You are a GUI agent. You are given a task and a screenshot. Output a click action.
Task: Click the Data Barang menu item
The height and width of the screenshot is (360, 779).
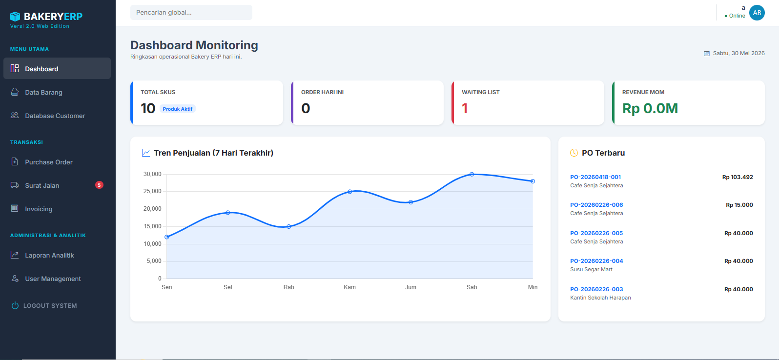(x=43, y=92)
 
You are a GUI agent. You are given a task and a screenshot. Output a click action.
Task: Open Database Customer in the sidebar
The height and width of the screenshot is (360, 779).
(x=55, y=116)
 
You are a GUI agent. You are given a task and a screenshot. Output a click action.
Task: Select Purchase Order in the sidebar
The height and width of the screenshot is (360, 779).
(x=49, y=162)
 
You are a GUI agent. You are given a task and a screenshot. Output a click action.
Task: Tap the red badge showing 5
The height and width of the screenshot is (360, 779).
(x=99, y=185)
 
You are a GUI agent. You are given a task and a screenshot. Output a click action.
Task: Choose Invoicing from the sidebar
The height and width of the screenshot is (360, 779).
(x=39, y=209)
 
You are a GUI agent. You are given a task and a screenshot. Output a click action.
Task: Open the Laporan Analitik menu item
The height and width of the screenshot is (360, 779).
(x=49, y=256)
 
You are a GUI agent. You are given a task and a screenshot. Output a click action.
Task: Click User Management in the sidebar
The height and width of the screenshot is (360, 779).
(x=53, y=279)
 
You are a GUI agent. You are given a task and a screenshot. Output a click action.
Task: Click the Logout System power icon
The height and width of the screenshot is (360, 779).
(x=15, y=305)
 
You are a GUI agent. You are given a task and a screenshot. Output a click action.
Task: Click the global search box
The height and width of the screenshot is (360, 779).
(x=191, y=13)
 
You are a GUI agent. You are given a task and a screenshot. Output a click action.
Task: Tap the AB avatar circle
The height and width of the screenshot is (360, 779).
(x=757, y=13)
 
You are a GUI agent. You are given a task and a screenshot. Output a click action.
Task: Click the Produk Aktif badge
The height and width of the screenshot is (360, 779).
(x=177, y=109)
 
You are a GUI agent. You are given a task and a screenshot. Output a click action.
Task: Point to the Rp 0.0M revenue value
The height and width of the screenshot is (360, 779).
(x=650, y=108)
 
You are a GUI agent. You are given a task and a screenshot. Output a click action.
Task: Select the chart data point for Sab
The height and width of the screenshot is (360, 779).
(x=471, y=174)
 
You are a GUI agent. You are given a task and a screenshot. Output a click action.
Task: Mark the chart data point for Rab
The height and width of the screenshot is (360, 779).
(x=288, y=226)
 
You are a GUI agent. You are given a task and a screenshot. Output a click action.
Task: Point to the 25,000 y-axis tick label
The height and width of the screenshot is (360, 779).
(x=152, y=191)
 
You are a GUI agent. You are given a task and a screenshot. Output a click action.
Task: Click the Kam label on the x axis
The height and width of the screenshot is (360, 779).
(x=349, y=287)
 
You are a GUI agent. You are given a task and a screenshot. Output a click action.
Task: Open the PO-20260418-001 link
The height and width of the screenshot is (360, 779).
(x=595, y=177)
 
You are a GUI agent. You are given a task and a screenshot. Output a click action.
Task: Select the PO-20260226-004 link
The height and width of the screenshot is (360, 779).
(x=596, y=261)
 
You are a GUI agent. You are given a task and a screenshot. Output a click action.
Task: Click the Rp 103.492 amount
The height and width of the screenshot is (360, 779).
(x=737, y=177)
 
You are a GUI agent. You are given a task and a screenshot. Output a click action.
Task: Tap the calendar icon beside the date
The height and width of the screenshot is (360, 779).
(x=707, y=53)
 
